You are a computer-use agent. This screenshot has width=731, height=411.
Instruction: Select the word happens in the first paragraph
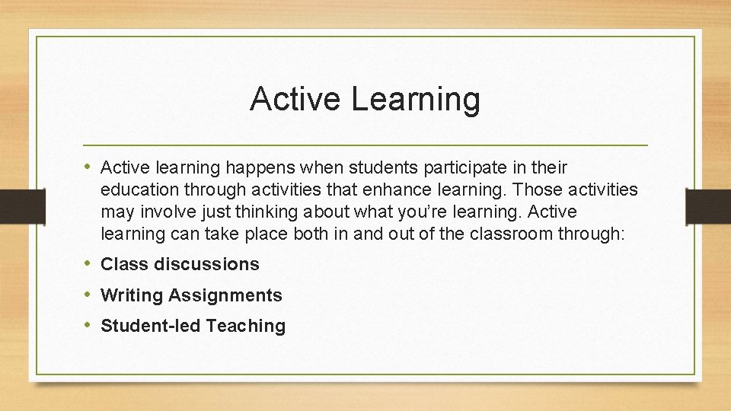point(249,167)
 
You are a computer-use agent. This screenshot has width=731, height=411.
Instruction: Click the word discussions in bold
point(206,265)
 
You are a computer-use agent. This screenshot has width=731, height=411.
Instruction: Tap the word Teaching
point(245,327)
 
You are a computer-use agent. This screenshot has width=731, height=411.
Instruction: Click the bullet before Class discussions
point(90,264)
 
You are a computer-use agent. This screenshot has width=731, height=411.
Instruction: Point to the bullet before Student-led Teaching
point(90,326)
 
